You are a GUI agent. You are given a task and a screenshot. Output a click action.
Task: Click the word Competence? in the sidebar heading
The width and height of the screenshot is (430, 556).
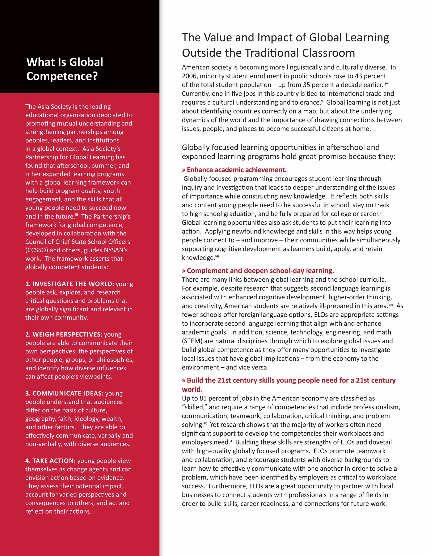62,76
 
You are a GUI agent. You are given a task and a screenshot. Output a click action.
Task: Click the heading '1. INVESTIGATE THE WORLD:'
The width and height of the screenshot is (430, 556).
69,284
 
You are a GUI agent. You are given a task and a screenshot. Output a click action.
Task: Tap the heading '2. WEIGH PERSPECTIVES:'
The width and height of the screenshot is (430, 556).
64,334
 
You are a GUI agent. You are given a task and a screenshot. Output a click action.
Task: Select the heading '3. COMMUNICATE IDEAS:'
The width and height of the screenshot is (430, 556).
64,393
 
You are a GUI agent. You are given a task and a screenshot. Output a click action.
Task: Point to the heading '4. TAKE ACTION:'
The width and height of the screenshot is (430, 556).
50,461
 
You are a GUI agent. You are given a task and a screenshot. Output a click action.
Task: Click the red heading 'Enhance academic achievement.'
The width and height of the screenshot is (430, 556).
237,170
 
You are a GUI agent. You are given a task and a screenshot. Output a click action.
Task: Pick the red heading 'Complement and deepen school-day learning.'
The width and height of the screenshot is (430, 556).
260,271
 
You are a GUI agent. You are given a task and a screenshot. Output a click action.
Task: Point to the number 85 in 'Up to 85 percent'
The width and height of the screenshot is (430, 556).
203,398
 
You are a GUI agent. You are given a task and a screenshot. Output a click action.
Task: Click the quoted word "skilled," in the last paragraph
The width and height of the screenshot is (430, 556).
195,407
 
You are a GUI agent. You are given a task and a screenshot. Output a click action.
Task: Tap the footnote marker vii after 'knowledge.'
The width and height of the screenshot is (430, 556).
217,256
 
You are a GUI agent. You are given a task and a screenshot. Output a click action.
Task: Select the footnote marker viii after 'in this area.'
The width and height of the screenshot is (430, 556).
391,304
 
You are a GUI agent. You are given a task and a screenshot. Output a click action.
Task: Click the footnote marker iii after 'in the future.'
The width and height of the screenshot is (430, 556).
76,215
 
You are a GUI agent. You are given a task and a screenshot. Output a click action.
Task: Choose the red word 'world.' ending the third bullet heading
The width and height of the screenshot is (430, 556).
192,389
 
